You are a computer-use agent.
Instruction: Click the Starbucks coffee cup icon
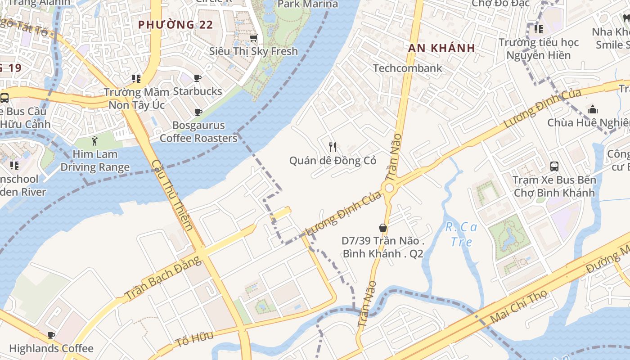[x=198, y=78]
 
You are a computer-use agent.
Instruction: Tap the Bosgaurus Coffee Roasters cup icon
[x=198, y=112]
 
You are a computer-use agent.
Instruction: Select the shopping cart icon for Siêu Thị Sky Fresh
[x=254, y=38]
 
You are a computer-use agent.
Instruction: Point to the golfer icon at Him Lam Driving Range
[x=94, y=141]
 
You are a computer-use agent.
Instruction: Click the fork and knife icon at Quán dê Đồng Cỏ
[x=333, y=147]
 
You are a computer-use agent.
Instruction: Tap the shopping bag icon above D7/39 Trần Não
[x=383, y=228]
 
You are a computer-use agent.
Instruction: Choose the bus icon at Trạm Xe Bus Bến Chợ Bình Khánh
[x=554, y=166]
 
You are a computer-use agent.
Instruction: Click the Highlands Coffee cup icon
[x=51, y=335]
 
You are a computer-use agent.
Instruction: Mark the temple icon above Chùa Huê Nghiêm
[x=593, y=109]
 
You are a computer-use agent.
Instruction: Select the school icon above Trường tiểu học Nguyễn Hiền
[x=538, y=29]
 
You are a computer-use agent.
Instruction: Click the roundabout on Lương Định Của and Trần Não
[x=388, y=188]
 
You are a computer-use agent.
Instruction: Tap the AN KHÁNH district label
[x=442, y=48]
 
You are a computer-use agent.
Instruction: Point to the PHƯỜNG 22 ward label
[x=175, y=25]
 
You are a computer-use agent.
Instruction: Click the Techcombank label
[x=408, y=68]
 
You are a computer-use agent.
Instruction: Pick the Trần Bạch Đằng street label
[x=162, y=278]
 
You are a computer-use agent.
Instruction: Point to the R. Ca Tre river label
[x=461, y=234]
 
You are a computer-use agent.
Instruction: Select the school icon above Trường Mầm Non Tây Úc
[x=136, y=79]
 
